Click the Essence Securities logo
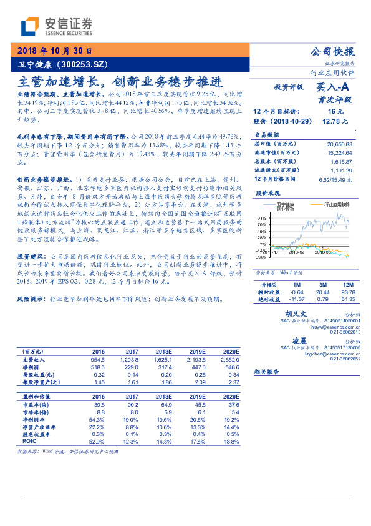pos(56,26)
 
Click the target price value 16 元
pos(337,111)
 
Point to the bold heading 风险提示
pos(31,299)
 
